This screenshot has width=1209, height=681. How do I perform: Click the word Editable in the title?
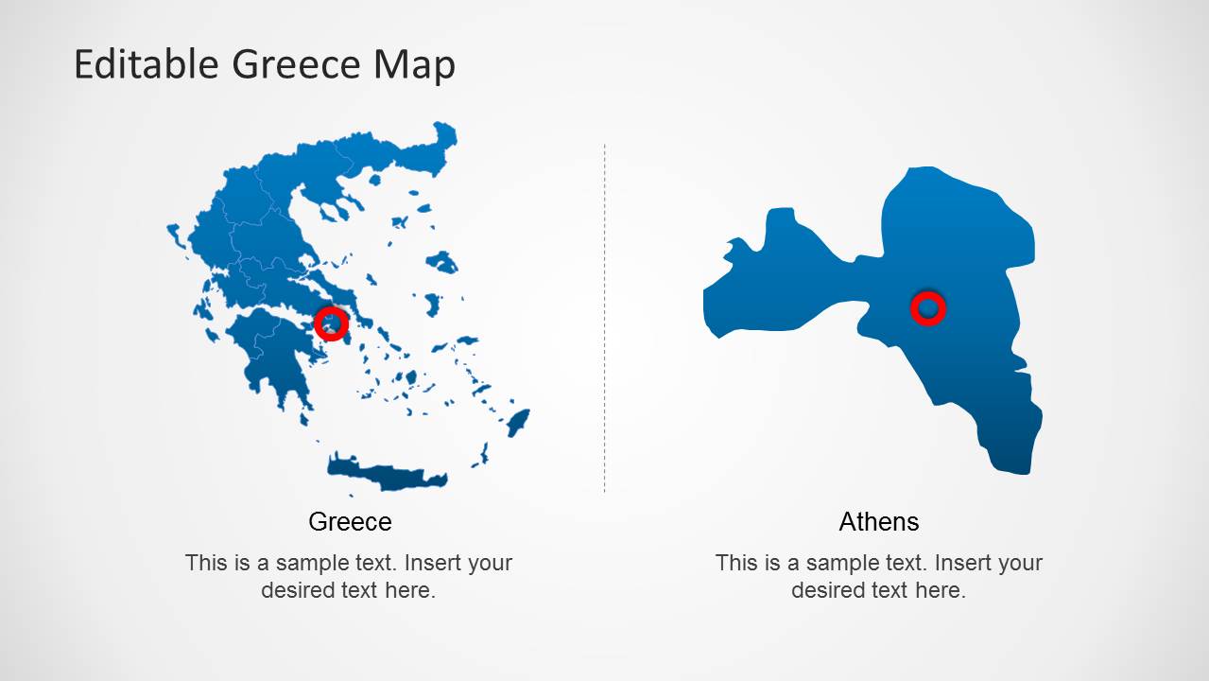point(146,64)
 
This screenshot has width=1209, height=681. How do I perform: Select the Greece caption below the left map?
point(350,521)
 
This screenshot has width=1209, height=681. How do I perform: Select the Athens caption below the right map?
point(878,521)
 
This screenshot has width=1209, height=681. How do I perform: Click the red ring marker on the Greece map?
point(331,323)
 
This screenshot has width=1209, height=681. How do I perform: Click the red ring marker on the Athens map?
point(927,308)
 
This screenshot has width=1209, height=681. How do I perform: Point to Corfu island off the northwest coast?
point(175,235)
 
